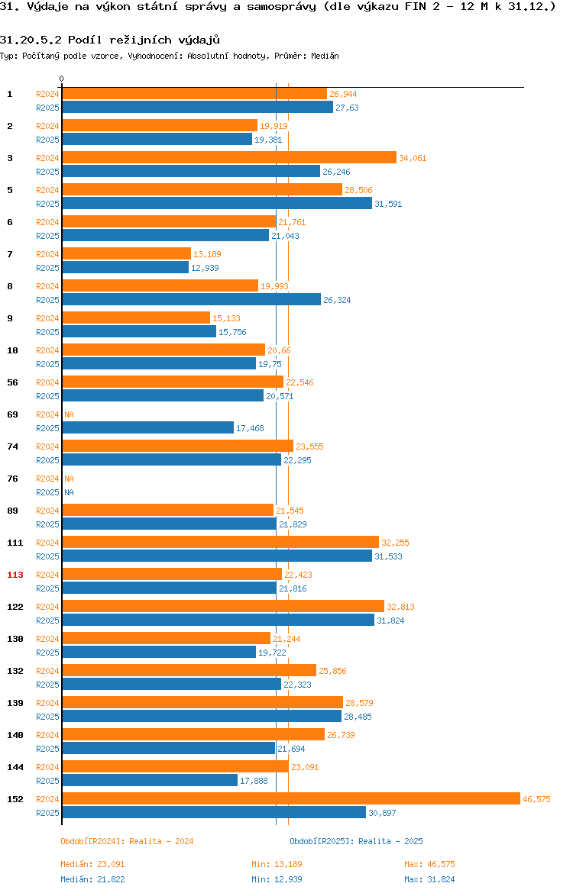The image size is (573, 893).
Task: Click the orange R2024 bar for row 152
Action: click(x=291, y=799)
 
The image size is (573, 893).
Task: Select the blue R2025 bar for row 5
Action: click(x=217, y=203)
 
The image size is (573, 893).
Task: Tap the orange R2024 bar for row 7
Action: click(x=127, y=253)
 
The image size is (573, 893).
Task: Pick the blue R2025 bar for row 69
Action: click(x=147, y=427)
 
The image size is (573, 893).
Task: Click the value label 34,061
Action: click(x=413, y=158)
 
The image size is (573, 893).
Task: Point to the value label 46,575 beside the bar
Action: click(x=536, y=799)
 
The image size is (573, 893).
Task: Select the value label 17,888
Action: click(x=254, y=781)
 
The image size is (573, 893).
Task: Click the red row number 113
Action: click(x=15, y=575)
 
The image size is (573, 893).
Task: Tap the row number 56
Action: click(x=12, y=382)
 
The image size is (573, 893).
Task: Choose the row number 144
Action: click(x=15, y=767)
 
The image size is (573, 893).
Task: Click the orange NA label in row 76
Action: click(x=69, y=479)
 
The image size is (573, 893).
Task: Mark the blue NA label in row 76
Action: click(x=69, y=492)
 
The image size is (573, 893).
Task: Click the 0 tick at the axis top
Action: click(x=62, y=79)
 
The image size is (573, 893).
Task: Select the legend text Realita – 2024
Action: click(x=161, y=841)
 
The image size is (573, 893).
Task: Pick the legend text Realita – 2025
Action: click(x=390, y=841)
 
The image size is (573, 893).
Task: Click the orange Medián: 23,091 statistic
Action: click(x=92, y=864)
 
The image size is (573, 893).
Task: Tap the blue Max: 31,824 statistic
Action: click(x=429, y=879)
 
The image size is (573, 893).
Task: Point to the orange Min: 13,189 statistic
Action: click(x=277, y=864)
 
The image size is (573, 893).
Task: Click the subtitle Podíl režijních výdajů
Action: click(x=144, y=40)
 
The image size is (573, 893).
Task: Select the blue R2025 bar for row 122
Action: click(x=219, y=621)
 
